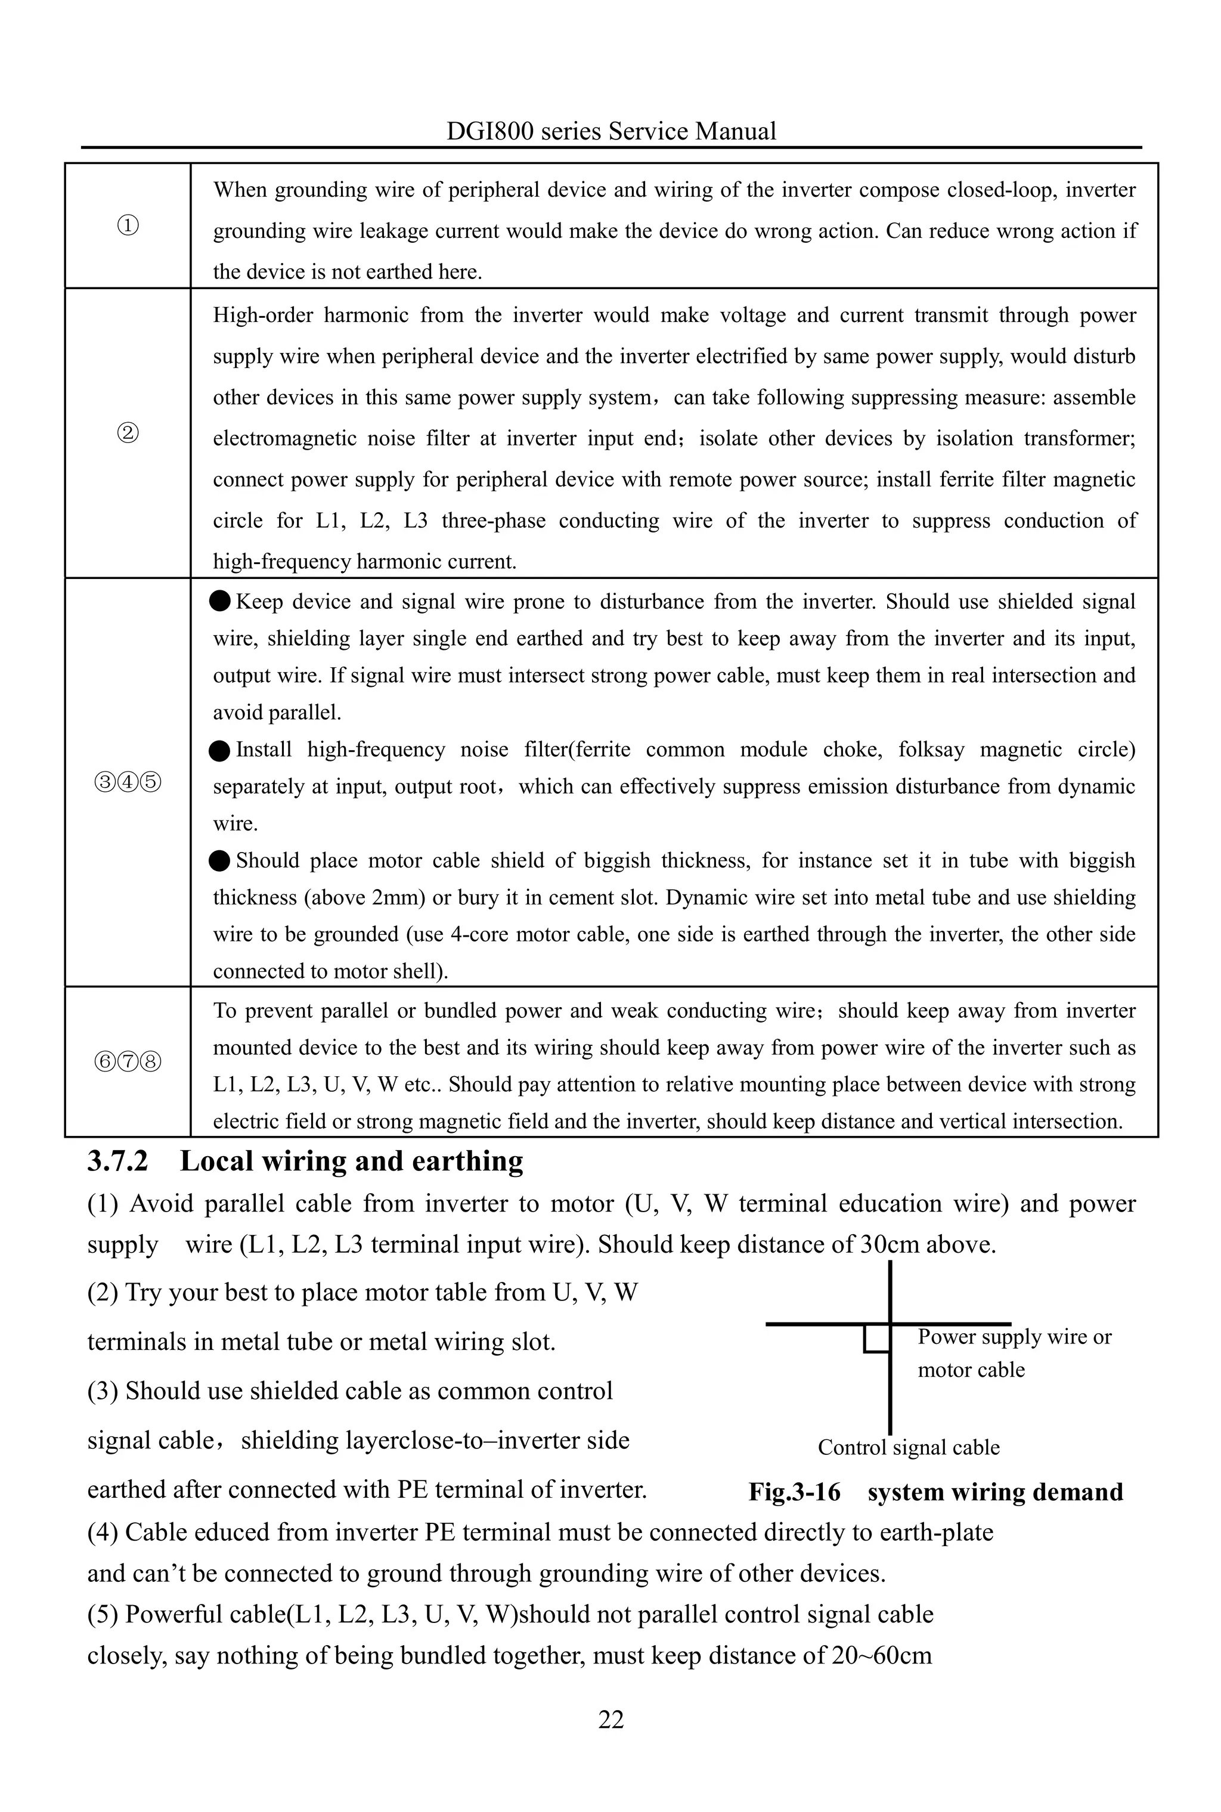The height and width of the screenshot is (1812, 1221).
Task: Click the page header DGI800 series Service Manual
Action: tap(610, 131)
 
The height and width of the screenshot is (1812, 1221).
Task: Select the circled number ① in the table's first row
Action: tap(129, 226)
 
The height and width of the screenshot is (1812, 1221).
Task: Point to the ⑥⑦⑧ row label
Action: tap(129, 1061)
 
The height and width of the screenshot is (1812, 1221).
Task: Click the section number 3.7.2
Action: tap(117, 1161)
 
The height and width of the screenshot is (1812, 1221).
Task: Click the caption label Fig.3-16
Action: tap(794, 1492)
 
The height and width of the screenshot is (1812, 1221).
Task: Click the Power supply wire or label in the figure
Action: tap(1014, 1337)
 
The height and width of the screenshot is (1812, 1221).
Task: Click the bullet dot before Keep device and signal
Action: tap(221, 601)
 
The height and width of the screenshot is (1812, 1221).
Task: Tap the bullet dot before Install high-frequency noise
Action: tap(221, 751)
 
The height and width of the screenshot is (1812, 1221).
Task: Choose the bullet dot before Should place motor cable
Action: tap(221, 861)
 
